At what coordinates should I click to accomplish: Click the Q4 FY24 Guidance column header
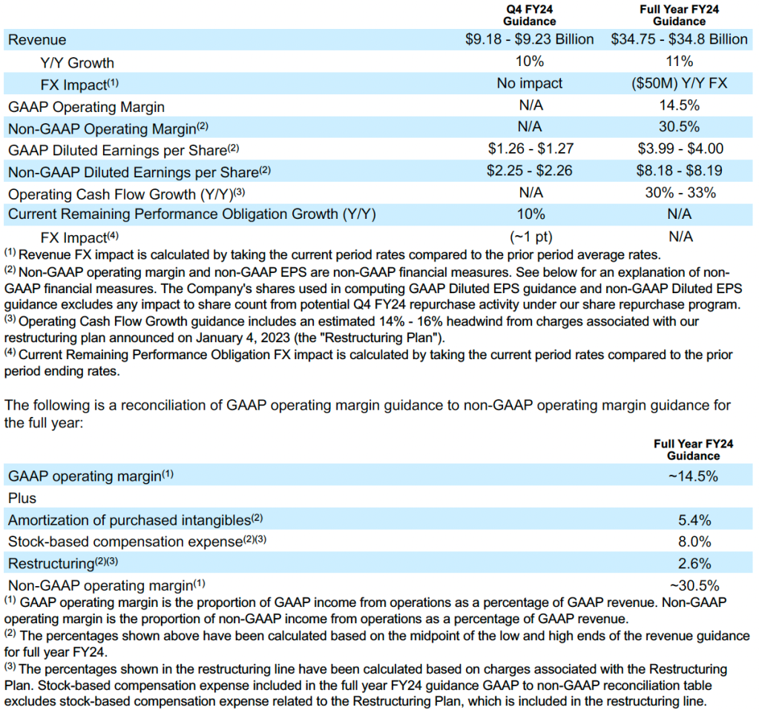coord(529,15)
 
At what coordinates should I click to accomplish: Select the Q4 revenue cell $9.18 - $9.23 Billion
coord(529,39)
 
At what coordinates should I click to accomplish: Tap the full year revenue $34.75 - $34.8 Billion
coord(679,39)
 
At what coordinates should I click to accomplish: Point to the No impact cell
coord(529,84)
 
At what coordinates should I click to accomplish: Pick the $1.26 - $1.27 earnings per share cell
coord(529,149)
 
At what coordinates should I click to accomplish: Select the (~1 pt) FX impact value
coord(529,237)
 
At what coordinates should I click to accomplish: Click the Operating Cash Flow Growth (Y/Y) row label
coord(125,193)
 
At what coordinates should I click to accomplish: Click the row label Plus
coord(22,498)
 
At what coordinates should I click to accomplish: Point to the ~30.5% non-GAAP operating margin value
coord(694,585)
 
